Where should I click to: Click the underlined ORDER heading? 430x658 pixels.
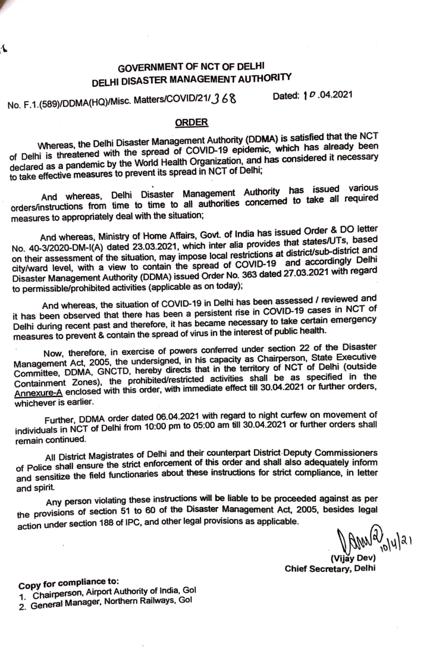(x=191, y=123)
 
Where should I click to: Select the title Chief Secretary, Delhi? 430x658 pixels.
(x=330, y=567)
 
